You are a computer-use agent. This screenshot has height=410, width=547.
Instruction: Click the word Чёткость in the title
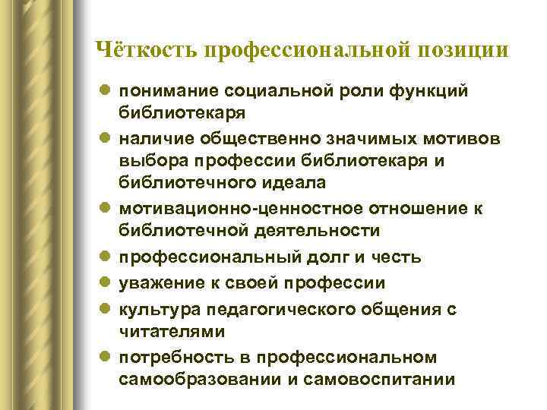tap(145, 49)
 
